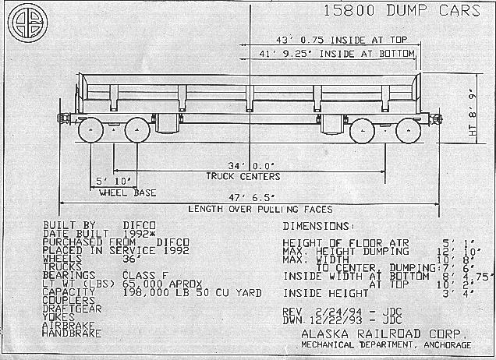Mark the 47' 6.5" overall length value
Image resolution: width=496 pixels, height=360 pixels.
pyautogui.click(x=249, y=198)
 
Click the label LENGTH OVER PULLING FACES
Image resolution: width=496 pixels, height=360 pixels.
pyautogui.click(x=249, y=209)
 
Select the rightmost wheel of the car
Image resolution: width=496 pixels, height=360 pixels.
pyautogui.click(x=406, y=129)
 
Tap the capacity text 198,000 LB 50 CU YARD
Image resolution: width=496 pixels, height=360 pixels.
pyautogui.click(x=190, y=294)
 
